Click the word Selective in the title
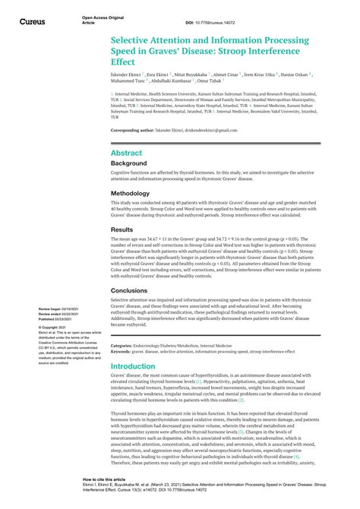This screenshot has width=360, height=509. pyautogui.click(x=134, y=39)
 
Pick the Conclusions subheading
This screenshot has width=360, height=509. pyautogui.click(x=129, y=289)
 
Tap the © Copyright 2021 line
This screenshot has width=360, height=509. pyautogui.click(x=52, y=327)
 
